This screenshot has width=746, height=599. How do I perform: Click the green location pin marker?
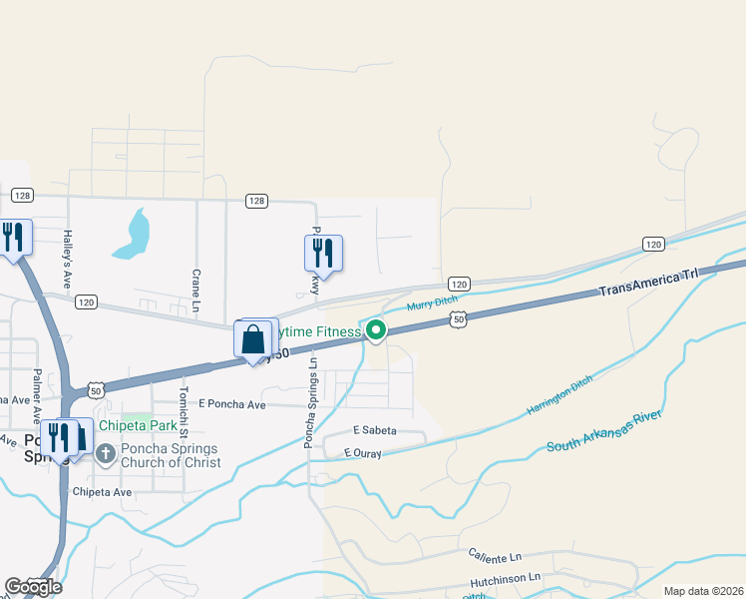point(375,329)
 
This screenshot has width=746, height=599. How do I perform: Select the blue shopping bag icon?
point(253,339)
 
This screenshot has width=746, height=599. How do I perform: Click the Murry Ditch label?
point(431,302)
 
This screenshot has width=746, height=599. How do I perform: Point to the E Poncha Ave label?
point(231,404)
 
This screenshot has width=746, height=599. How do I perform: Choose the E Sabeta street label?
point(375,430)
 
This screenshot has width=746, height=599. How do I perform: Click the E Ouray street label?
point(363,453)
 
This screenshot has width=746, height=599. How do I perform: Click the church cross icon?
point(106,454)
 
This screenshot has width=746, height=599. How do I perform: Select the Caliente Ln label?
point(495,555)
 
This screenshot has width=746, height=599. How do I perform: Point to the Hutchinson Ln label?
point(506,577)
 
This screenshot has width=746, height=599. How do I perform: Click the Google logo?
point(32,587)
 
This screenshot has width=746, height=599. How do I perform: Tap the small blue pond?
point(132,236)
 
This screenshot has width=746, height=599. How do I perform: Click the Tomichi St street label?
point(183,408)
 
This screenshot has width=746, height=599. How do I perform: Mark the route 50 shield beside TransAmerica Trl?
point(457,317)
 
